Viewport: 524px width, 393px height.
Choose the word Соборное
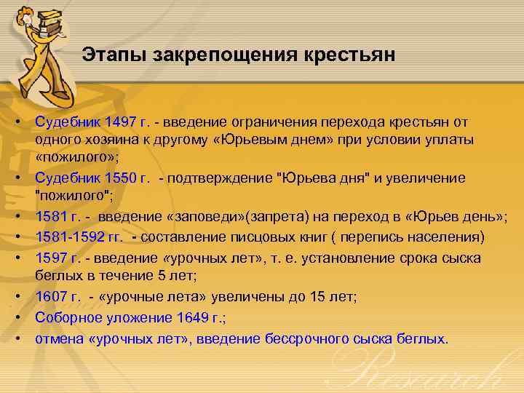click(x=68, y=317)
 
